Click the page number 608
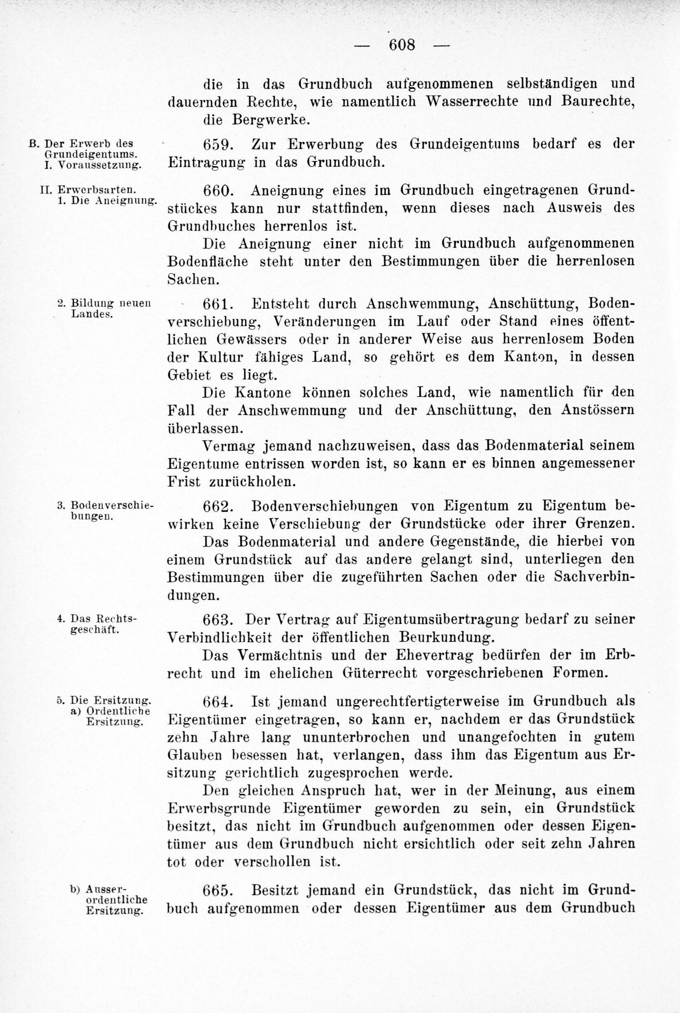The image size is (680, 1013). [402, 45]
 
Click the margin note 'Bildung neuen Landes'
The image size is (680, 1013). [104, 308]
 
